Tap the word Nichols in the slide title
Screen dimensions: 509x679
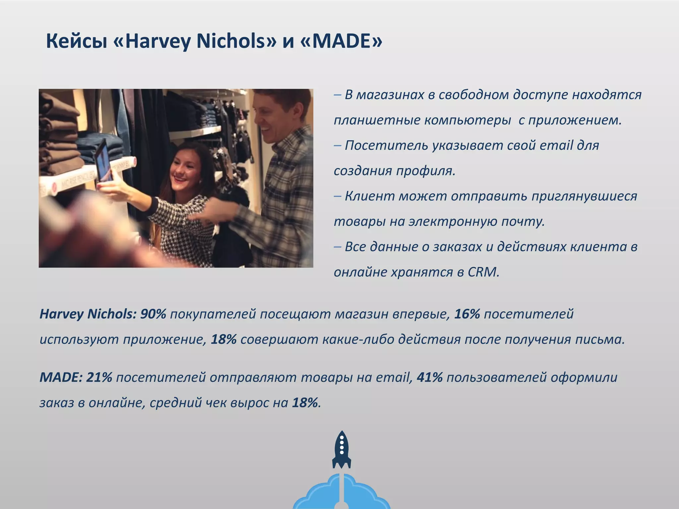[232, 41]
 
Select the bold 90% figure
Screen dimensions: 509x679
[153, 314]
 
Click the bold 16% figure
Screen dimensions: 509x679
[467, 314]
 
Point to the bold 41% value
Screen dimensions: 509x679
[429, 377]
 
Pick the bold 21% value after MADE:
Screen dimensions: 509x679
[99, 377]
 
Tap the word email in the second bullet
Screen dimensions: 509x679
[556, 145]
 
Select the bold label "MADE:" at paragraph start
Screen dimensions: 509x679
[61, 377]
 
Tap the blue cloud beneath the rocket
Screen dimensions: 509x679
[341, 494]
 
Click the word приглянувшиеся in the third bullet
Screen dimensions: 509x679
[584, 196]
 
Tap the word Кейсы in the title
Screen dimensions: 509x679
[76, 41]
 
